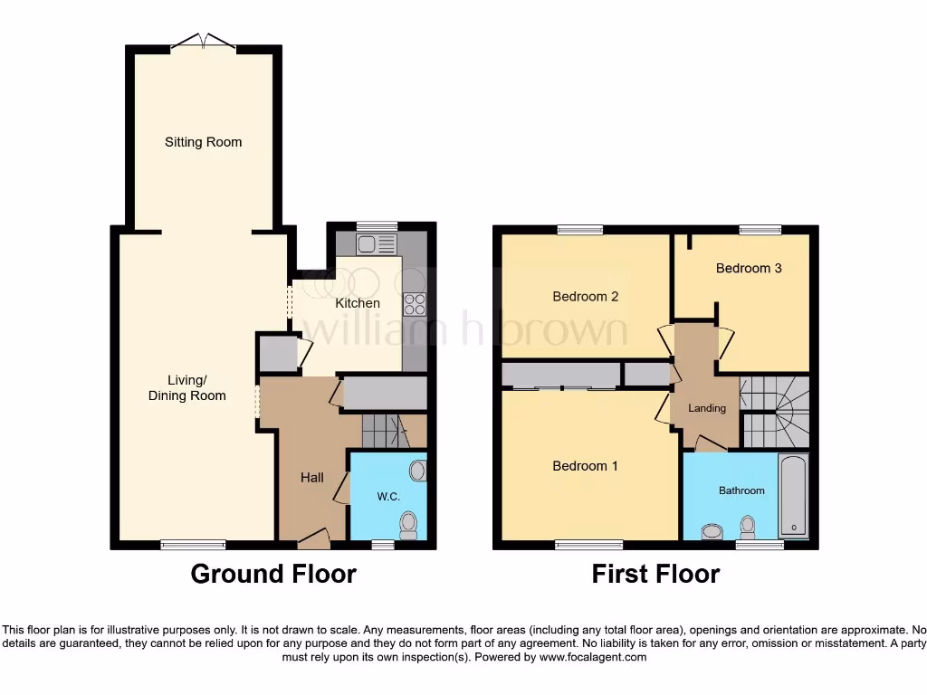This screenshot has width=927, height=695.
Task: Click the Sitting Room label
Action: tap(203, 142)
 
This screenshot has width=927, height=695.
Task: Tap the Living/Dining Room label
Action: tap(187, 387)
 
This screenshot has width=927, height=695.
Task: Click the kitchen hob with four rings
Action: tap(415, 303)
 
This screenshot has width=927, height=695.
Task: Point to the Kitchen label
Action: tap(358, 303)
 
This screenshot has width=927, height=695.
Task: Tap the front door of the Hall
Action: tap(314, 539)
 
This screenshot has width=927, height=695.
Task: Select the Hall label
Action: tap(312, 478)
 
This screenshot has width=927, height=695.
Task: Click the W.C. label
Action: tap(388, 497)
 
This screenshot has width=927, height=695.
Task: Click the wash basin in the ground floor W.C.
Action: tap(417, 471)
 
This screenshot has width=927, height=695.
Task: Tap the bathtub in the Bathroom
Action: tap(793, 497)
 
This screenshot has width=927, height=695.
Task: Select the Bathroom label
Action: tap(741, 490)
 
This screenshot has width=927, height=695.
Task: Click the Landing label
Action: tap(707, 408)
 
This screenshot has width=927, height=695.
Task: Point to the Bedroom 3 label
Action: tap(749, 268)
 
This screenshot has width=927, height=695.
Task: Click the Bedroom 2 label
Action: tap(586, 297)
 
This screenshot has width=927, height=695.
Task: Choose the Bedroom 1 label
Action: tap(586, 466)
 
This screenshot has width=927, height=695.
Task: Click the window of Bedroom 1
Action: tap(588, 545)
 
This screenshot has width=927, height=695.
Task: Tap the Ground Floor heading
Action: tap(273, 574)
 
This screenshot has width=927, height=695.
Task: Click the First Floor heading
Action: tap(655, 574)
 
